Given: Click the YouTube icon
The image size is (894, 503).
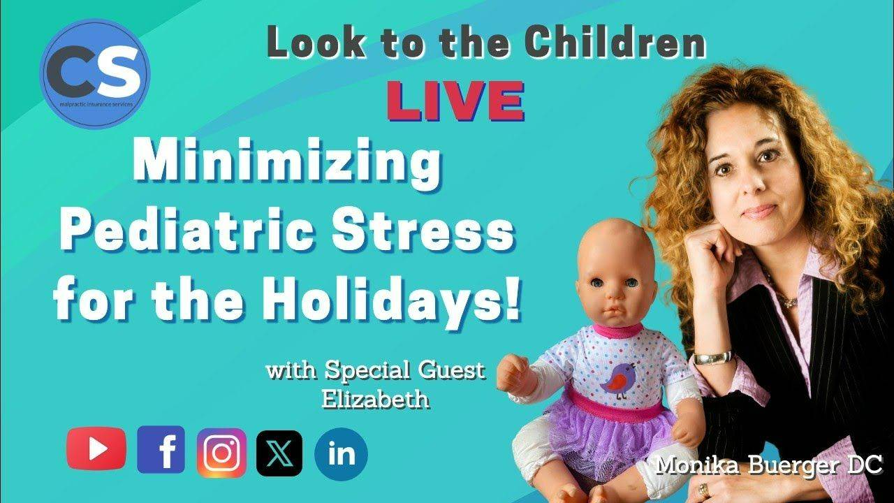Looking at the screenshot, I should click(96, 449).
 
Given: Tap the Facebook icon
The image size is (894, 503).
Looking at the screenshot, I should click(161, 450).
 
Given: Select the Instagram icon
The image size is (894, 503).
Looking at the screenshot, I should click(221, 452).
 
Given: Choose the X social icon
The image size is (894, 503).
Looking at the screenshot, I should click(279, 453).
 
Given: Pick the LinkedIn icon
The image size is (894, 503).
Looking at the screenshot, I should click(341, 454).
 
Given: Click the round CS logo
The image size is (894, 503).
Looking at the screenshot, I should click(95, 74).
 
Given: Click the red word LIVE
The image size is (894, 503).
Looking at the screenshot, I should click(455, 101).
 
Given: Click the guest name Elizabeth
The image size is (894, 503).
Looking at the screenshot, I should click(375, 400).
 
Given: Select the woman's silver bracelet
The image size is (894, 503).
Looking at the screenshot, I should click(712, 357).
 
